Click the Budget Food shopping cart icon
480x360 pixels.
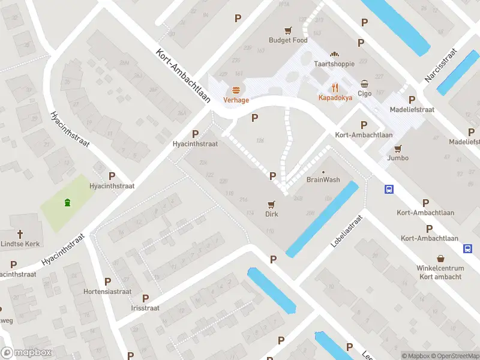click(288, 29)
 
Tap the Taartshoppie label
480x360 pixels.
click(334, 64)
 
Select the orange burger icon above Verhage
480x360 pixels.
click(236, 90)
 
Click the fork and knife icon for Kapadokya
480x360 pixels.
click(335, 86)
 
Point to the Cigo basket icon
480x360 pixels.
click(365, 83)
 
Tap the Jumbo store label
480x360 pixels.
click(398, 158)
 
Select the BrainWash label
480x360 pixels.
click(323, 179)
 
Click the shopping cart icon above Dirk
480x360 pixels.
click(272, 204)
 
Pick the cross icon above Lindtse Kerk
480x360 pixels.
click(19, 234)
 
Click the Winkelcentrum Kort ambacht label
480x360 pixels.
click(440, 272)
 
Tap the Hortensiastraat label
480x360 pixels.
click(107, 292)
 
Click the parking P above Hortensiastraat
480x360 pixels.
click(107, 281)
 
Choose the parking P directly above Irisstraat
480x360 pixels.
click(145, 298)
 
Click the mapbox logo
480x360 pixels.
click(26, 353)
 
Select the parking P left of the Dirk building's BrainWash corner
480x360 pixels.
click(273, 176)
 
